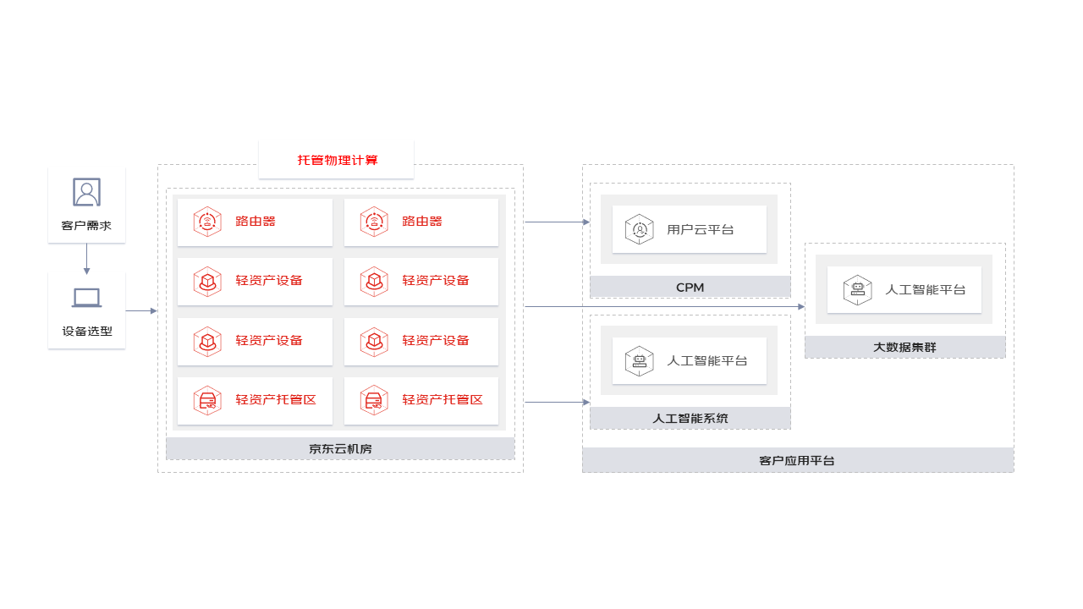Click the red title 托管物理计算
338,160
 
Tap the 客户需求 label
86,226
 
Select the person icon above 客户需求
86,192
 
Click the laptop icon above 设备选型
86,298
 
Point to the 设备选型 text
87,331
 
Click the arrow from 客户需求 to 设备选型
86,259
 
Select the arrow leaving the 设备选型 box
141,310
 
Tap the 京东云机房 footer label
340,449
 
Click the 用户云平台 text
700,229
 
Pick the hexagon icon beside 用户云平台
639,229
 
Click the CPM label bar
690,287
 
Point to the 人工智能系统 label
690,418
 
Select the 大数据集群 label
904,347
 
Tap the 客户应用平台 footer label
797,461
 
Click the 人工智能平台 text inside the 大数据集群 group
926,289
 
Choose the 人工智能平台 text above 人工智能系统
706,360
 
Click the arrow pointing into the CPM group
558,222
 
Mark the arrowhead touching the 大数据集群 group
801,306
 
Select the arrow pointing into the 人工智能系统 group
558,402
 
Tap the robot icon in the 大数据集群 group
858,290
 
